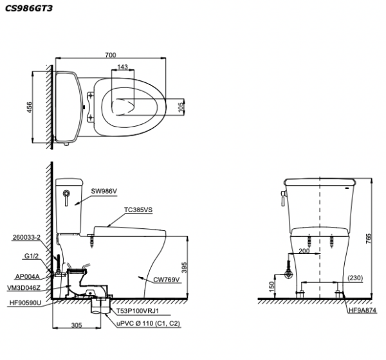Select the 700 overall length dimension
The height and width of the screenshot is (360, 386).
(x=110, y=55)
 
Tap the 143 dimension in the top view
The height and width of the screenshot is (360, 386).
(x=122, y=67)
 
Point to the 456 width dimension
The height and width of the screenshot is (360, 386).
(x=30, y=108)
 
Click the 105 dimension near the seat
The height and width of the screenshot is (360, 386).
(x=179, y=108)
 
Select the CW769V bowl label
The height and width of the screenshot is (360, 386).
(x=165, y=280)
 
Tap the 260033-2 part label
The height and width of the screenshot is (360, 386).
(x=26, y=237)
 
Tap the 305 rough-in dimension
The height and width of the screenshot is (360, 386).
(x=77, y=325)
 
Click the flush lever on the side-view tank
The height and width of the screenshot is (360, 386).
(x=65, y=196)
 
